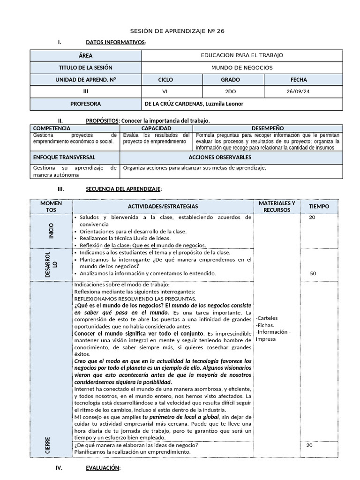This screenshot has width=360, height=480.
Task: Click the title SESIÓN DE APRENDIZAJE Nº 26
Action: pos(180,31)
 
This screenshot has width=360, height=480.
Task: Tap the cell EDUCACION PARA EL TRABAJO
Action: pos(241,55)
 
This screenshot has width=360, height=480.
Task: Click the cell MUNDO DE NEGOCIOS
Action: pos(241,67)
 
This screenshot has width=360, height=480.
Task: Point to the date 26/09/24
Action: pos(299,92)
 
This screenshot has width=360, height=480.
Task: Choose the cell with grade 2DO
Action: pos(233,92)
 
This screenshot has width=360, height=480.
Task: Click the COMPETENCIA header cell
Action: pos(52,128)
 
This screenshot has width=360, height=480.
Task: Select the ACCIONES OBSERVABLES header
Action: pos(219,157)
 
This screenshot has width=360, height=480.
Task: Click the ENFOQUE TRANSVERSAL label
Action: pos(64,157)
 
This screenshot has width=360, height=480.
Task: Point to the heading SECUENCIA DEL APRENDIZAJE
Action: pos(123,189)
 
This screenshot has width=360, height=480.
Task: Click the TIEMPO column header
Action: pos(319,206)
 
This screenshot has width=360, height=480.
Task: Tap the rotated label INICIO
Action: pos(51,231)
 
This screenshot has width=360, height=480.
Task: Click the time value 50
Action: pos(313,273)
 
